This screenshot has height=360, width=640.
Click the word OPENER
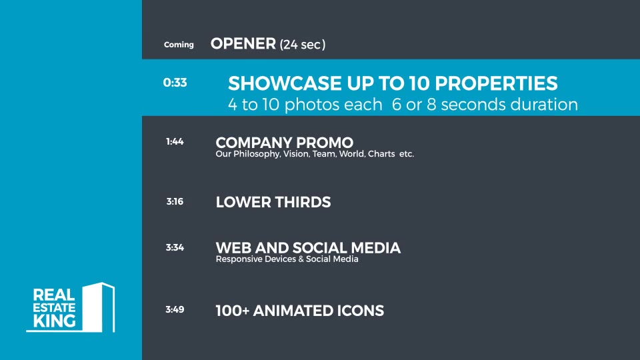(243, 44)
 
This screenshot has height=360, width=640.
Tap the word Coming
(179, 45)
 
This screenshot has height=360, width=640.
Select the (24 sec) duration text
(303, 44)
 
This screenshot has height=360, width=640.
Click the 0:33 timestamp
(175, 83)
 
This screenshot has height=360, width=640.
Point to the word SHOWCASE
(285, 83)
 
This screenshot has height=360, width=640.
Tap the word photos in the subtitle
(333, 105)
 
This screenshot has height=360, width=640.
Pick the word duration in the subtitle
(544, 105)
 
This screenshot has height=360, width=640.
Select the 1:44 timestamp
(175, 141)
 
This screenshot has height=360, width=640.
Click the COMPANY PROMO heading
(285, 143)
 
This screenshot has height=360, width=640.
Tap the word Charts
(381, 154)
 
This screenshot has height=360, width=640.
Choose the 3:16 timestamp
(175, 201)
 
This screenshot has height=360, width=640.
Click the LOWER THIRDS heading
(273, 202)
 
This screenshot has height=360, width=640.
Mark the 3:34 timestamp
(175, 247)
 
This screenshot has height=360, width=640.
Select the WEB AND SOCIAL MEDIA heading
(308, 248)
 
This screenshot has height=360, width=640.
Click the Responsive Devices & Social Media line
(287, 259)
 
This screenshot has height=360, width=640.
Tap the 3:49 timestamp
(175, 309)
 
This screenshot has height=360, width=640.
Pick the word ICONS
(360, 311)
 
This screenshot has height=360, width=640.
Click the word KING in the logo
(54, 321)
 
